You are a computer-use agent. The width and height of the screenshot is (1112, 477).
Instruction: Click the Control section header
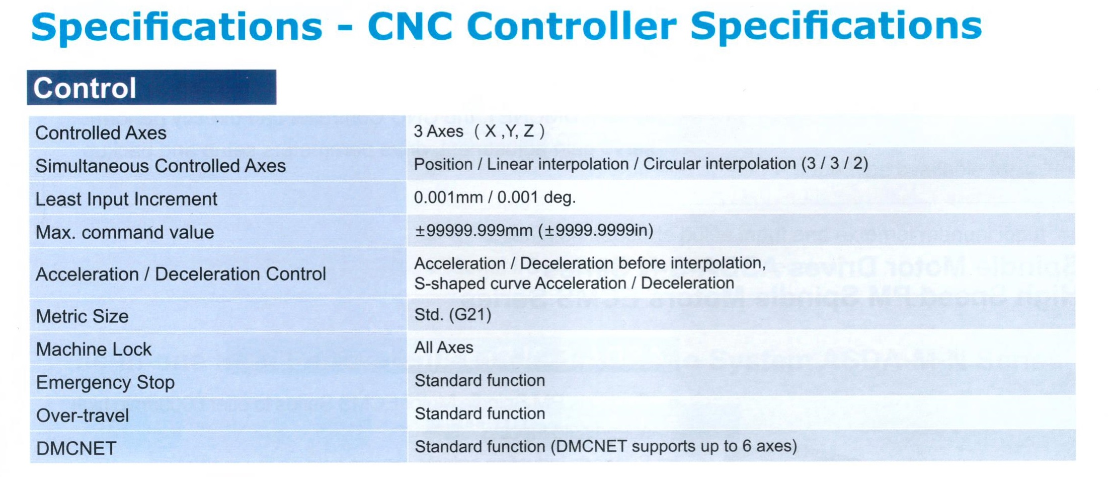tap(151, 88)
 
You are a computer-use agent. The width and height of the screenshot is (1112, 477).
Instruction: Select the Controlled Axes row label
tap(101, 133)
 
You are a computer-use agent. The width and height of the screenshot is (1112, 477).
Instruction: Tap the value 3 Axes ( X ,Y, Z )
tap(479, 131)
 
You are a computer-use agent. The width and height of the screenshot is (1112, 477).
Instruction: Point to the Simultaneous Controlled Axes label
tap(161, 166)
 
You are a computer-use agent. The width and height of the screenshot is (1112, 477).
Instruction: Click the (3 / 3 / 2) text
tap(835, 164)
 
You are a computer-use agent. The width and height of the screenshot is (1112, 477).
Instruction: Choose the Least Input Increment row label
tap(126, 199)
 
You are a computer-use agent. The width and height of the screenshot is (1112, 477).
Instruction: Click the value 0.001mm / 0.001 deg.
tap(495, 197)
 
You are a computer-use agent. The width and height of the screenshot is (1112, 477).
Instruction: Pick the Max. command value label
tap(125, 232)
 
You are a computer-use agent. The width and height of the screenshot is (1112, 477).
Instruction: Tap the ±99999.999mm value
tap(473, 230)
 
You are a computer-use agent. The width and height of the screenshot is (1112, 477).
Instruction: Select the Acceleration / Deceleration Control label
tap(181, 274)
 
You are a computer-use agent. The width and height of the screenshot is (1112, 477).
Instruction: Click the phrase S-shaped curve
tap(472, 284)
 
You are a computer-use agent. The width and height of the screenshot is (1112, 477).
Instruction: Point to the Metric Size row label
tap(83, 316)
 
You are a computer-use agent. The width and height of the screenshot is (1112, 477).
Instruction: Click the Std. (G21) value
tap(453, 315)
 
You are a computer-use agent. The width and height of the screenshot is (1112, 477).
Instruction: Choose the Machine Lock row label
tap(94, 349)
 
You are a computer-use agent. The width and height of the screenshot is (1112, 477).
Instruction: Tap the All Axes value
tap(444, 348)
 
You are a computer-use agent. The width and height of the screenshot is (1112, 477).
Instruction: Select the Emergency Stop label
tap(106, 383)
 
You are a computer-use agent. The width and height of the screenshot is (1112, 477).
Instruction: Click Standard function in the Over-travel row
tap(480, 414)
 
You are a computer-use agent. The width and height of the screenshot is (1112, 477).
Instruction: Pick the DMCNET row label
tap(76, 448)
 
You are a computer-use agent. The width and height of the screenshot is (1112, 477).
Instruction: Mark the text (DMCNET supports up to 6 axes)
tap(674, 446)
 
